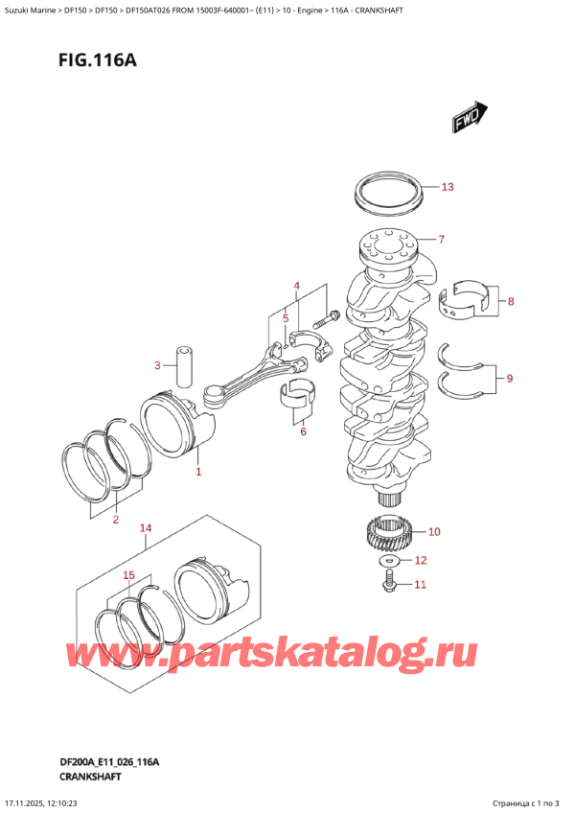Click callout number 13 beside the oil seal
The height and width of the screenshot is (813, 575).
[448, 187]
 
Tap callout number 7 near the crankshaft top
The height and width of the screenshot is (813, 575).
[441, 240]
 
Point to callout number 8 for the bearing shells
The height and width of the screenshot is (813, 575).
[511, 302]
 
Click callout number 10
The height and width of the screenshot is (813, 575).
[433, 531]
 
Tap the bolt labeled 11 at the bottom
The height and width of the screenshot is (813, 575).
[390, 580]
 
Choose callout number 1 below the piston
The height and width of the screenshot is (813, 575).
[198, 472]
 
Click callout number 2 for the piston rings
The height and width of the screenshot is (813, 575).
[115, 521]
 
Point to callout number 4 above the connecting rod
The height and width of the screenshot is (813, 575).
[297, 286]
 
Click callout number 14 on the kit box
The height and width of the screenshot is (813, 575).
[145, 527]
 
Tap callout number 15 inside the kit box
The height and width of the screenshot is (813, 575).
[130, 575]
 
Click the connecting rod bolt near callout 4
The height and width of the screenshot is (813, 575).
[333, 316]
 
